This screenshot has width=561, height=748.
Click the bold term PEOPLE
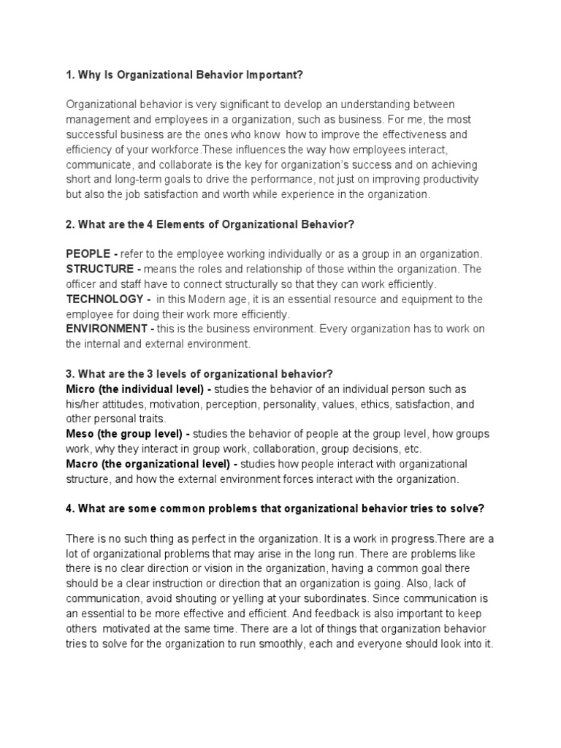click(88, 253)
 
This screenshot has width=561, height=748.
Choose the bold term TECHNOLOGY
click(104, 299)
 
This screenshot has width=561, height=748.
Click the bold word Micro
click(80, 389)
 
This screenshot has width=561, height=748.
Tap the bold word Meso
click(80, 433)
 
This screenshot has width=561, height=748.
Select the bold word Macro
click(82, 464)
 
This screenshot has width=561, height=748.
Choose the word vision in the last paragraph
click(206, 568)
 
